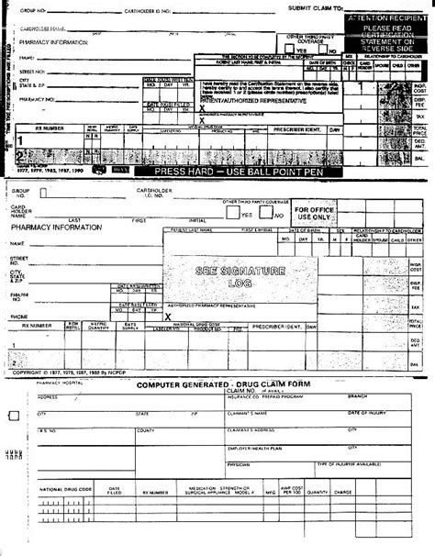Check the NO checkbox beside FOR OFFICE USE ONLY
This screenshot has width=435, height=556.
(x=268, y=213)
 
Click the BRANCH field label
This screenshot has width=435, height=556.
(x=358, y=396)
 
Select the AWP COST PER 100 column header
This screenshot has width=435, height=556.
(x=292, y=490)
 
